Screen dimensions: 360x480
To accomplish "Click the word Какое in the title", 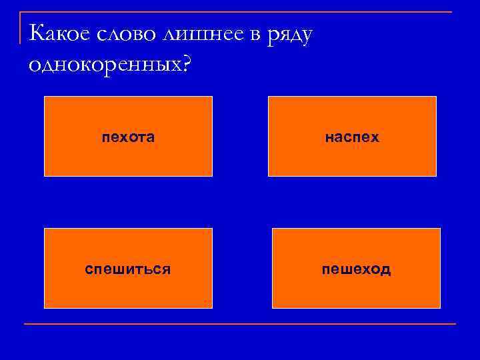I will (59, 33).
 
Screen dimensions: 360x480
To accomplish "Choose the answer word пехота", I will (128, 138).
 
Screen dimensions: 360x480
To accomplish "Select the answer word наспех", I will (352, 138).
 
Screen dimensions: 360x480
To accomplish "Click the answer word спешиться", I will (128, 269).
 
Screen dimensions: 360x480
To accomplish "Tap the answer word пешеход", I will (356, 269).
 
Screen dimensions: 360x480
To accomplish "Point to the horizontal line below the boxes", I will (240, 324).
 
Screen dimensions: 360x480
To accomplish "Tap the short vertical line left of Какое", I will (21, 27).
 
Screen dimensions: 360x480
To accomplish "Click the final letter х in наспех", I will (375, 138).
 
